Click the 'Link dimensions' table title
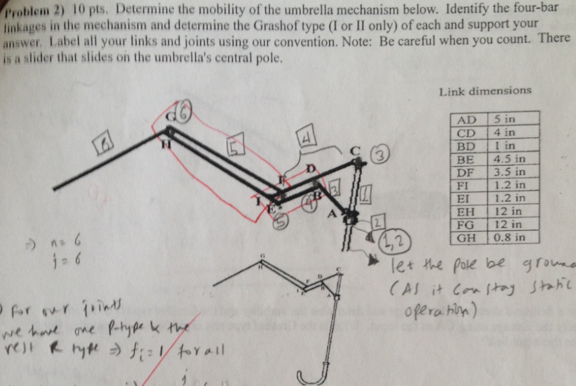click(485, 91)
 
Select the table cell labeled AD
click(468, 120)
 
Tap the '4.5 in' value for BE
click(510, 159)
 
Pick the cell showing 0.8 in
click(509, 238)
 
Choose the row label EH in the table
click(467, 212)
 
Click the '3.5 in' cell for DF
click(510, 172)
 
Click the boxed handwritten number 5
click(235, 143)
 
